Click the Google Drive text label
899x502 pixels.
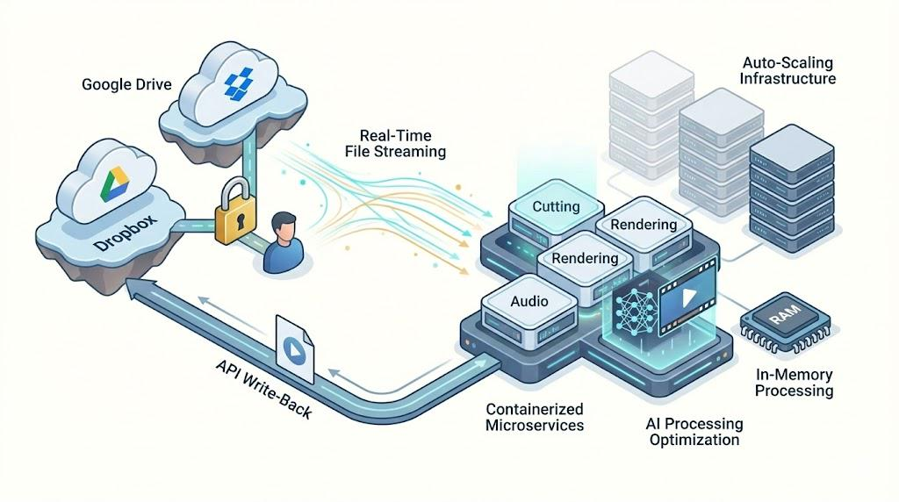coord(126,85)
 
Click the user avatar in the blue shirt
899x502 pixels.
coord(284,241)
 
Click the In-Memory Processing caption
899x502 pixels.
coord(794,382)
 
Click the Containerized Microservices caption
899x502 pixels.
coord(536,417)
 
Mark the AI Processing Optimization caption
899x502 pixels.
coord(694,431)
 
